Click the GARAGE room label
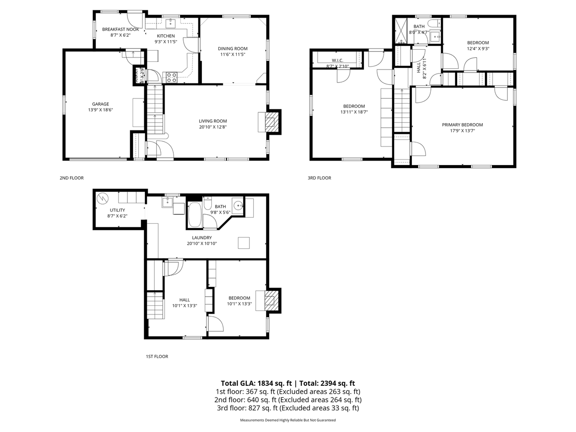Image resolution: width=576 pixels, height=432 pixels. pyautogui.click(x=100, y=104)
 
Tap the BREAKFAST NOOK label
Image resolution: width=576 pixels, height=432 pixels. pyautogui.click(x=121, y=29)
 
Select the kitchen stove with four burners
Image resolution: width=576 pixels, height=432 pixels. pyautogui.click(x=172, y=77)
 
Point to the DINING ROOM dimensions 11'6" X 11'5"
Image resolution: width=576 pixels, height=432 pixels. pyautogui.click(x=232, y=54)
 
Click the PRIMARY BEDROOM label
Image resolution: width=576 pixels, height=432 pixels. pyautogui.click(x=462, y=125)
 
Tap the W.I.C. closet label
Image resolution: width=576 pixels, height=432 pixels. pyautogui.click(x=337, y=60)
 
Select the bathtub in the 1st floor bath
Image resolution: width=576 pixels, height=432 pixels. pyautogui.click(x=195, y=215)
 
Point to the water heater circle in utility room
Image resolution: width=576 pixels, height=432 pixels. pyautogui.click(x=103, y=199)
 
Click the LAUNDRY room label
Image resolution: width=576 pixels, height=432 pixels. pyautogui.click(x=202, y=238)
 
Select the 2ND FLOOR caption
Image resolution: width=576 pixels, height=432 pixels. pyautogui.click(x=72, y=178)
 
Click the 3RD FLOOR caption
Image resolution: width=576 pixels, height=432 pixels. pyautogui.click(x=319, y=178)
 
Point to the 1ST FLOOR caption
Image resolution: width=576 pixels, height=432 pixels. pyautogui.click(x=156, y=356)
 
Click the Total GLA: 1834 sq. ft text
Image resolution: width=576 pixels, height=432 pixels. pyautogui.click(x=257, y=383)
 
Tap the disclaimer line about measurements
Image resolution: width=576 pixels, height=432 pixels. pyautogui.click(x=288, y=420)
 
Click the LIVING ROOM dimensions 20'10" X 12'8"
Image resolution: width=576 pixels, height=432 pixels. pyautogui.click(x=213, y=127)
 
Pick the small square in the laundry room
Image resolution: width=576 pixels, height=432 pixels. pyautogui.click(x=244, y=243)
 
